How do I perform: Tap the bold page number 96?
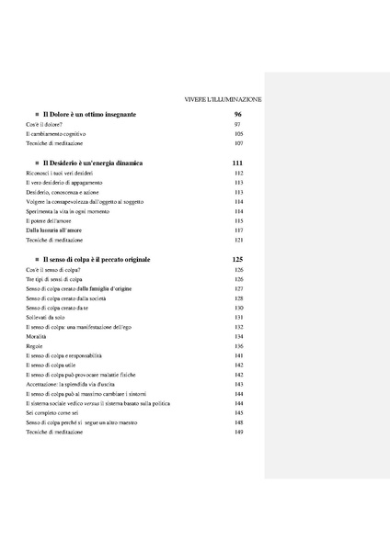coord(237,113)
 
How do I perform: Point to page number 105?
coord(238,133)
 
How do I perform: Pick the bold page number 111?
coord(238,163)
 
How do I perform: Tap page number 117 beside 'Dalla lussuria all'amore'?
coord(238,230)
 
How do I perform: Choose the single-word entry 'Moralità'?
coord(38,336)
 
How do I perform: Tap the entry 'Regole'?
coord(35,345)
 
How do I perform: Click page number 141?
coord(238,355)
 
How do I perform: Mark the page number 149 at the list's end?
coord(238,432)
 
